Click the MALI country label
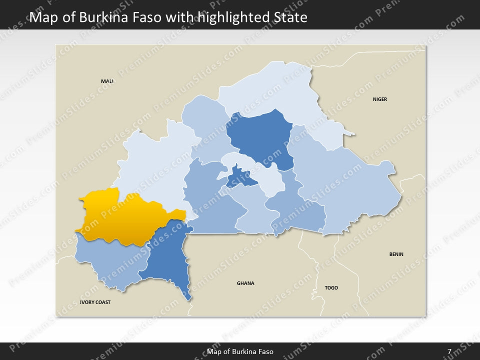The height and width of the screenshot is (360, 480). (107, 81)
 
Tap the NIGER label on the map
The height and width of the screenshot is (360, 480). (379, 99)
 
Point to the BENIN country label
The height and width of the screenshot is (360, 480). (396, 254)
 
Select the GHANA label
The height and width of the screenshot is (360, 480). (245, 283)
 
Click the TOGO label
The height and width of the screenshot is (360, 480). (331, 287)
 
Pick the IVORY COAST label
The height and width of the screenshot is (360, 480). (95, 302)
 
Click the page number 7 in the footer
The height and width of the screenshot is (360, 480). (449, 351)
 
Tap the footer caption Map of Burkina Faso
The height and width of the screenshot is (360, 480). (240, 351)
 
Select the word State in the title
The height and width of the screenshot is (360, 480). (289, 18)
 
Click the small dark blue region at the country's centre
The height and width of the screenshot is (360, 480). (239, 177)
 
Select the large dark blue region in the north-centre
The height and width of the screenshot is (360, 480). (262, 137)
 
